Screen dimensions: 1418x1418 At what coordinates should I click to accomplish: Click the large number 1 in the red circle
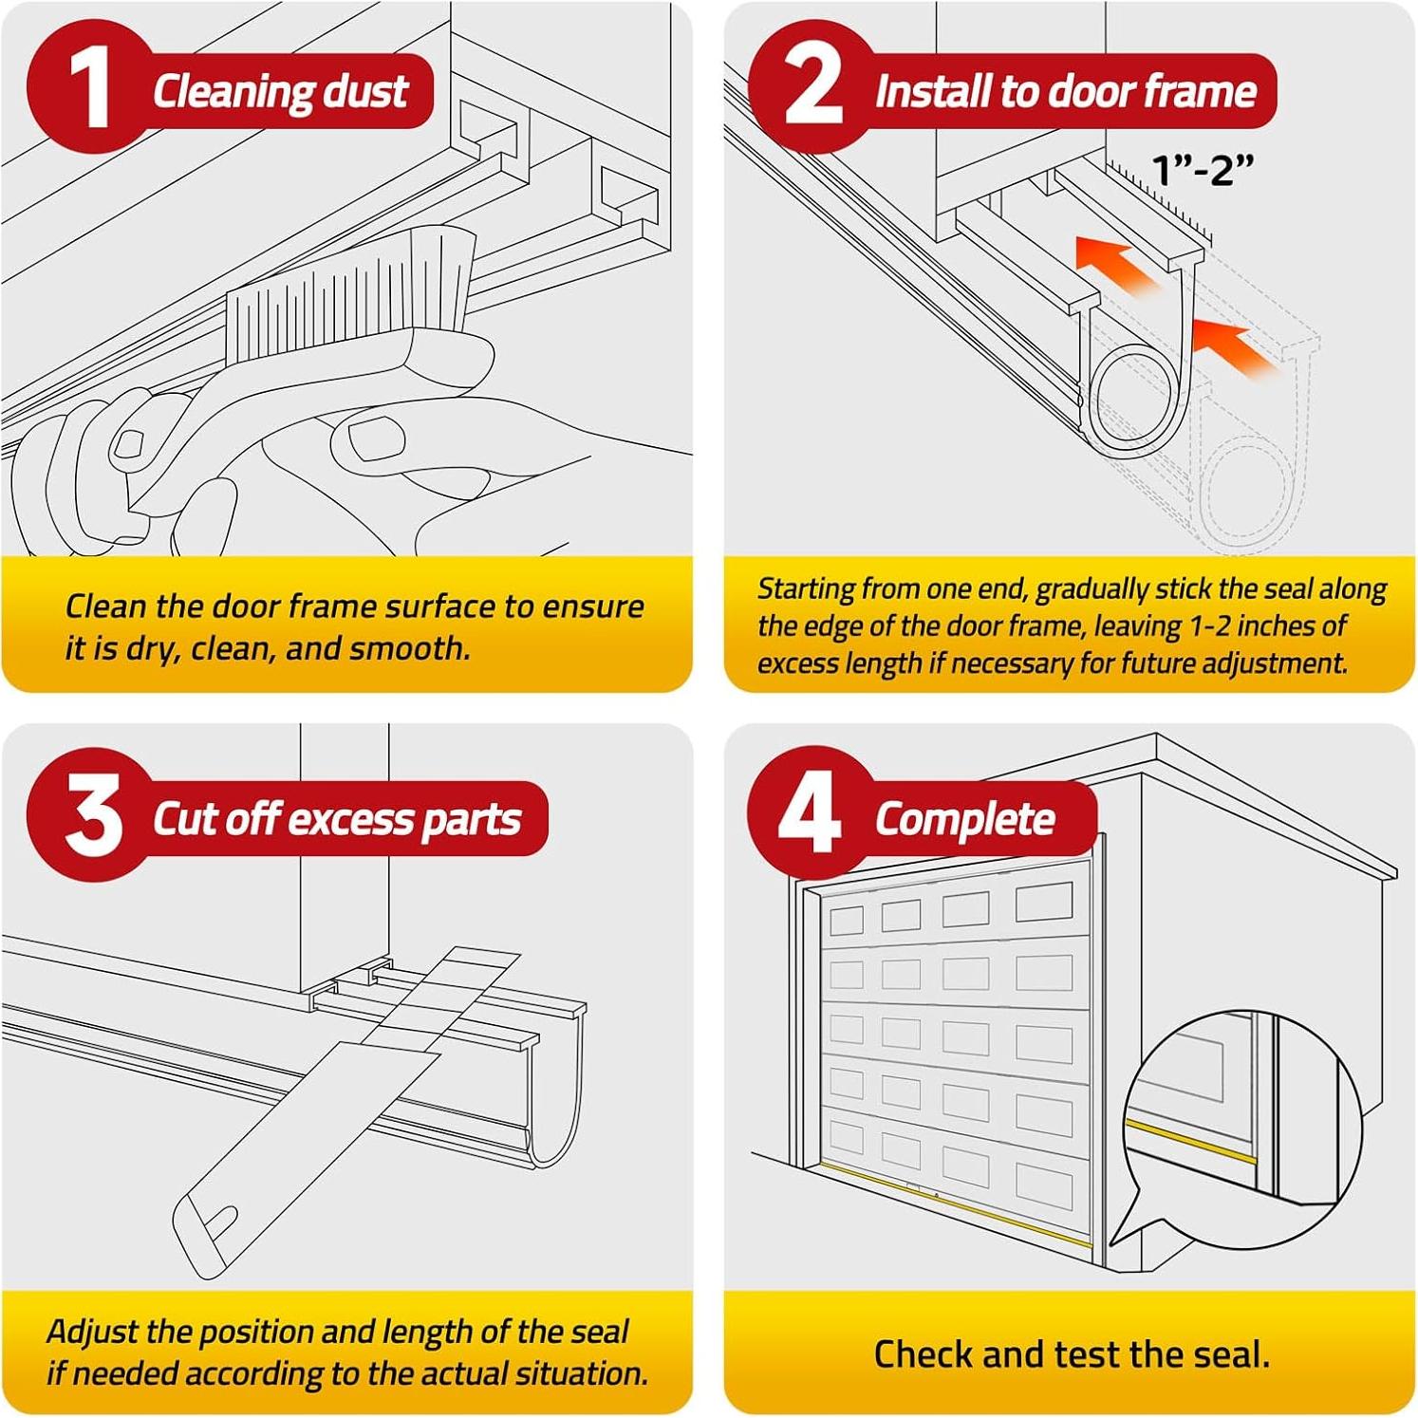(91, 87)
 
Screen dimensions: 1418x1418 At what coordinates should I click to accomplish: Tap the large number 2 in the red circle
(813, 86)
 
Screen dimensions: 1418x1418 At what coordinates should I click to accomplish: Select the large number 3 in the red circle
(94, 814)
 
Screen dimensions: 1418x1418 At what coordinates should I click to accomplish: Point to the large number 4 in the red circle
(810, 813)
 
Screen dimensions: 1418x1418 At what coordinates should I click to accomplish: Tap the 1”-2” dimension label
(1203, 170)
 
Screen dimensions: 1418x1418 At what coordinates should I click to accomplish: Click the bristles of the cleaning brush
(351, 281)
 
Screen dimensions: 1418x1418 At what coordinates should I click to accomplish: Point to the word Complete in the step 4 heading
(964, 819)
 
